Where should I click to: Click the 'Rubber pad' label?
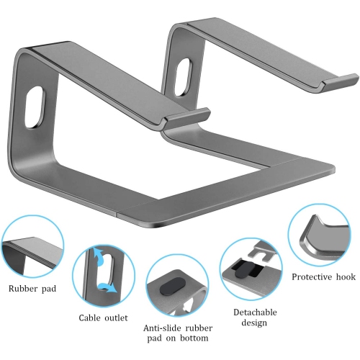(34, 290)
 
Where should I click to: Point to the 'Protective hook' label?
(322, 276)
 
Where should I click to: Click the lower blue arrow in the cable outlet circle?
(108, 288)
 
